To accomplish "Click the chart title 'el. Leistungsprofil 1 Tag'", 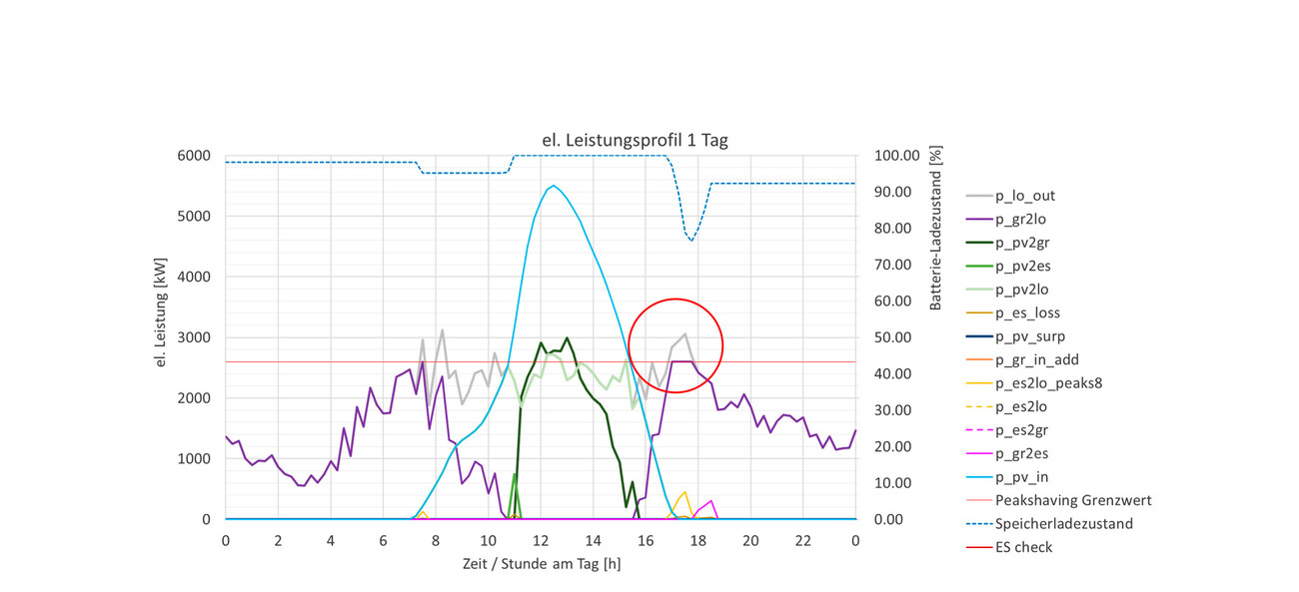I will coord(642,141).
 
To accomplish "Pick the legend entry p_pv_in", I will coord(1022,477).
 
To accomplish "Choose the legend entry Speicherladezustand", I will coord(1064,523).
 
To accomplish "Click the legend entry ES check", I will coord(1023,547).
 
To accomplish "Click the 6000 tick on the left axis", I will coord(194,156).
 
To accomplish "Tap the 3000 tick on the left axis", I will coord(194,337).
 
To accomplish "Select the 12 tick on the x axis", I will coord(541,540).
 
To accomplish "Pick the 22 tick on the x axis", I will coord(802,540).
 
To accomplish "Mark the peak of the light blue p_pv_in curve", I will coord(554,186).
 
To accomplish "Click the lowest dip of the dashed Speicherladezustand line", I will coord(691,241).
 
